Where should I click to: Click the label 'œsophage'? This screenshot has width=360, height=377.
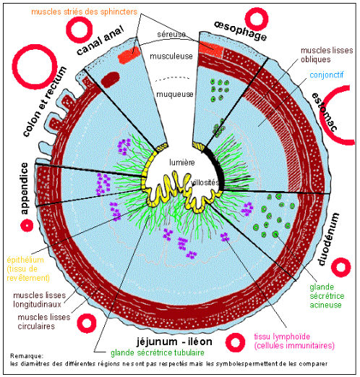240,31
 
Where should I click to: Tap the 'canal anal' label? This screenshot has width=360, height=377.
100,41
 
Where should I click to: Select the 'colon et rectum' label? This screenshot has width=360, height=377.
45,101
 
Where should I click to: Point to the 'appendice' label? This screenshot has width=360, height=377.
25,189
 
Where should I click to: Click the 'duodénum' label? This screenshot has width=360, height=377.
329,239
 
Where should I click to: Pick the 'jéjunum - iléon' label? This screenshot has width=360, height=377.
174,342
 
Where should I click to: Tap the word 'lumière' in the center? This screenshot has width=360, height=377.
182,162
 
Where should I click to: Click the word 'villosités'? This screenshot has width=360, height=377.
205,182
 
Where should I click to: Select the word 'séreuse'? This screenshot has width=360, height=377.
171,35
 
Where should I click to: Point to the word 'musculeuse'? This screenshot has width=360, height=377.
171,56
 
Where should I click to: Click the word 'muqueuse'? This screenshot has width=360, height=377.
175,94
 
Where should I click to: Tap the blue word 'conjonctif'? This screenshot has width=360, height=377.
327,75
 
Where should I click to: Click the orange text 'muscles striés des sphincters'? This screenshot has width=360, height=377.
84,12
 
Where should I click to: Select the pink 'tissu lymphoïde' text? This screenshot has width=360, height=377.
282,336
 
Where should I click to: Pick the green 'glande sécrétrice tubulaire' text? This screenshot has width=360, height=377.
158,352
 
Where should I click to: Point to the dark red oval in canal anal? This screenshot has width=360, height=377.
111,80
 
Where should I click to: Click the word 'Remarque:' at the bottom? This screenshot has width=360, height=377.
27,356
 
